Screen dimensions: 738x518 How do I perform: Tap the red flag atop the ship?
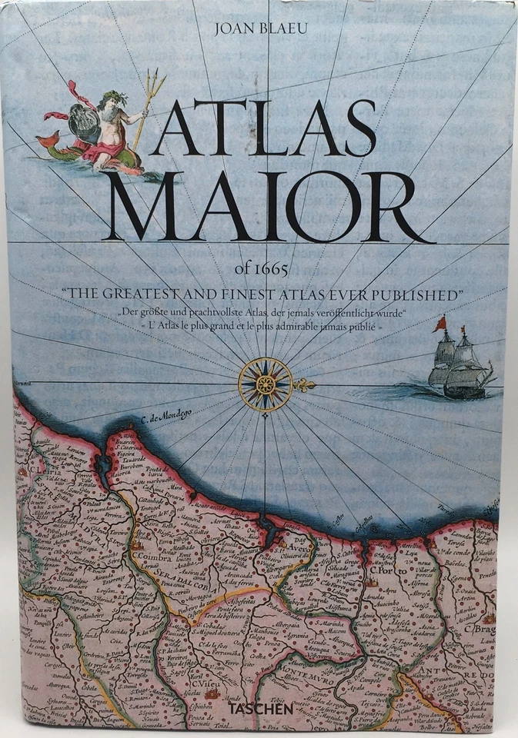[439, 325]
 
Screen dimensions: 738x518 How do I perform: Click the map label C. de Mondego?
[170, 421]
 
